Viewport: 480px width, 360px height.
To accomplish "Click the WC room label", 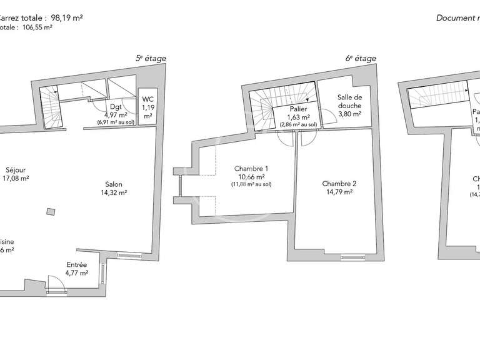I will pyautogui.click(x=147, y=99).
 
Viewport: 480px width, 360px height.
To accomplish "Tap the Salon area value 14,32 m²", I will pyautogui.click(x=114, y=193).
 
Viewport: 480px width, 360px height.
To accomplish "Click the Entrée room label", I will pyautogui.click(x=77, y=264).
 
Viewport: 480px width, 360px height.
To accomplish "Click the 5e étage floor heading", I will pyautogui.click(x=151, y=59).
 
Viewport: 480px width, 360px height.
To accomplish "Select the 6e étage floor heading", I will pyautogui.click(x=361, y=59).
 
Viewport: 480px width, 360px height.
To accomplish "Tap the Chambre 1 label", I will pyautogui.click(x=252, y=169).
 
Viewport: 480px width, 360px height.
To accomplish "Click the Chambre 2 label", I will pyautogui.click(x=339, y=184).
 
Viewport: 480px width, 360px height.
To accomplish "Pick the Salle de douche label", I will pyautogui.click(x=350, y=101).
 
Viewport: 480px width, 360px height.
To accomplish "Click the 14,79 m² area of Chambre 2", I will pyautogui.click(x=339, y=192).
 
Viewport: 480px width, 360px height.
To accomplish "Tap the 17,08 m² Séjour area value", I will pyautogui.click(x=16, y=178).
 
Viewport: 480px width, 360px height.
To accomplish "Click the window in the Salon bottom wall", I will pyautogui.click(x=129, y=255).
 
